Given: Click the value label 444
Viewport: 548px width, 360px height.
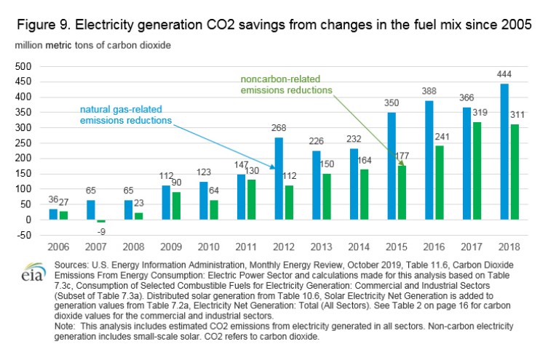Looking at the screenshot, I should pos(504,76).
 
